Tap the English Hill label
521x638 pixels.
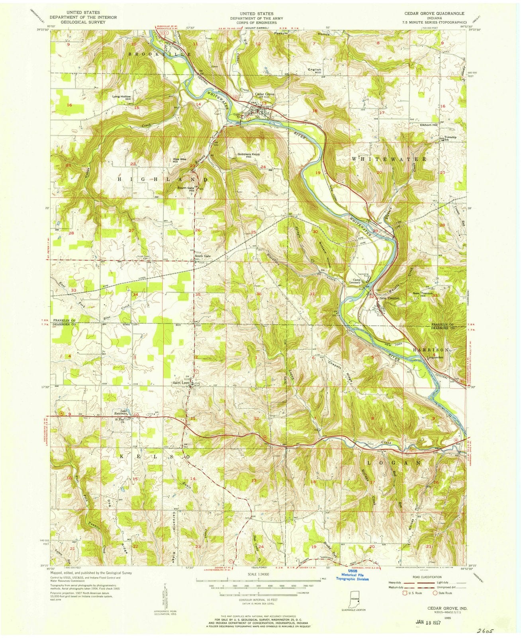(315, 71)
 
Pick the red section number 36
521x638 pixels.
(259, 294)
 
